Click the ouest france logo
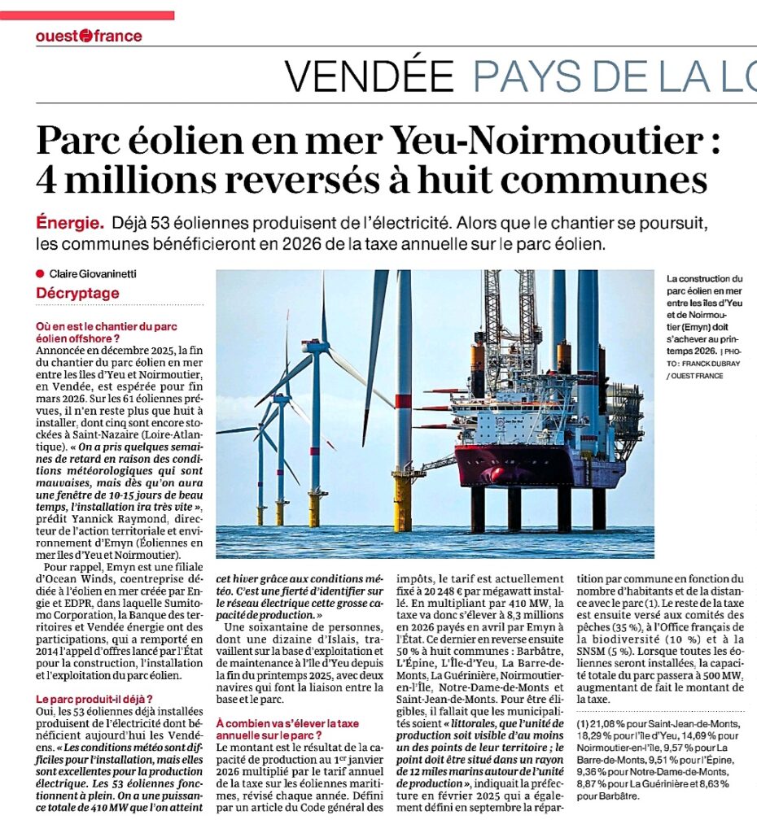(89, 36)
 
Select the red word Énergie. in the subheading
(70, 222)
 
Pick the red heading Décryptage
(77, 293)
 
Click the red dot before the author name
(39, 274)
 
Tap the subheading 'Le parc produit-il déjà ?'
(94, 699)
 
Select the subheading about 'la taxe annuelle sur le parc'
(290, 728)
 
